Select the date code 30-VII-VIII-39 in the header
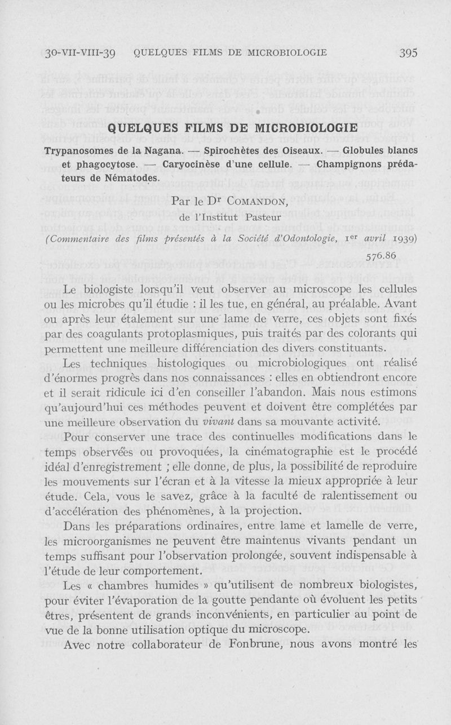[79, 54]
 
